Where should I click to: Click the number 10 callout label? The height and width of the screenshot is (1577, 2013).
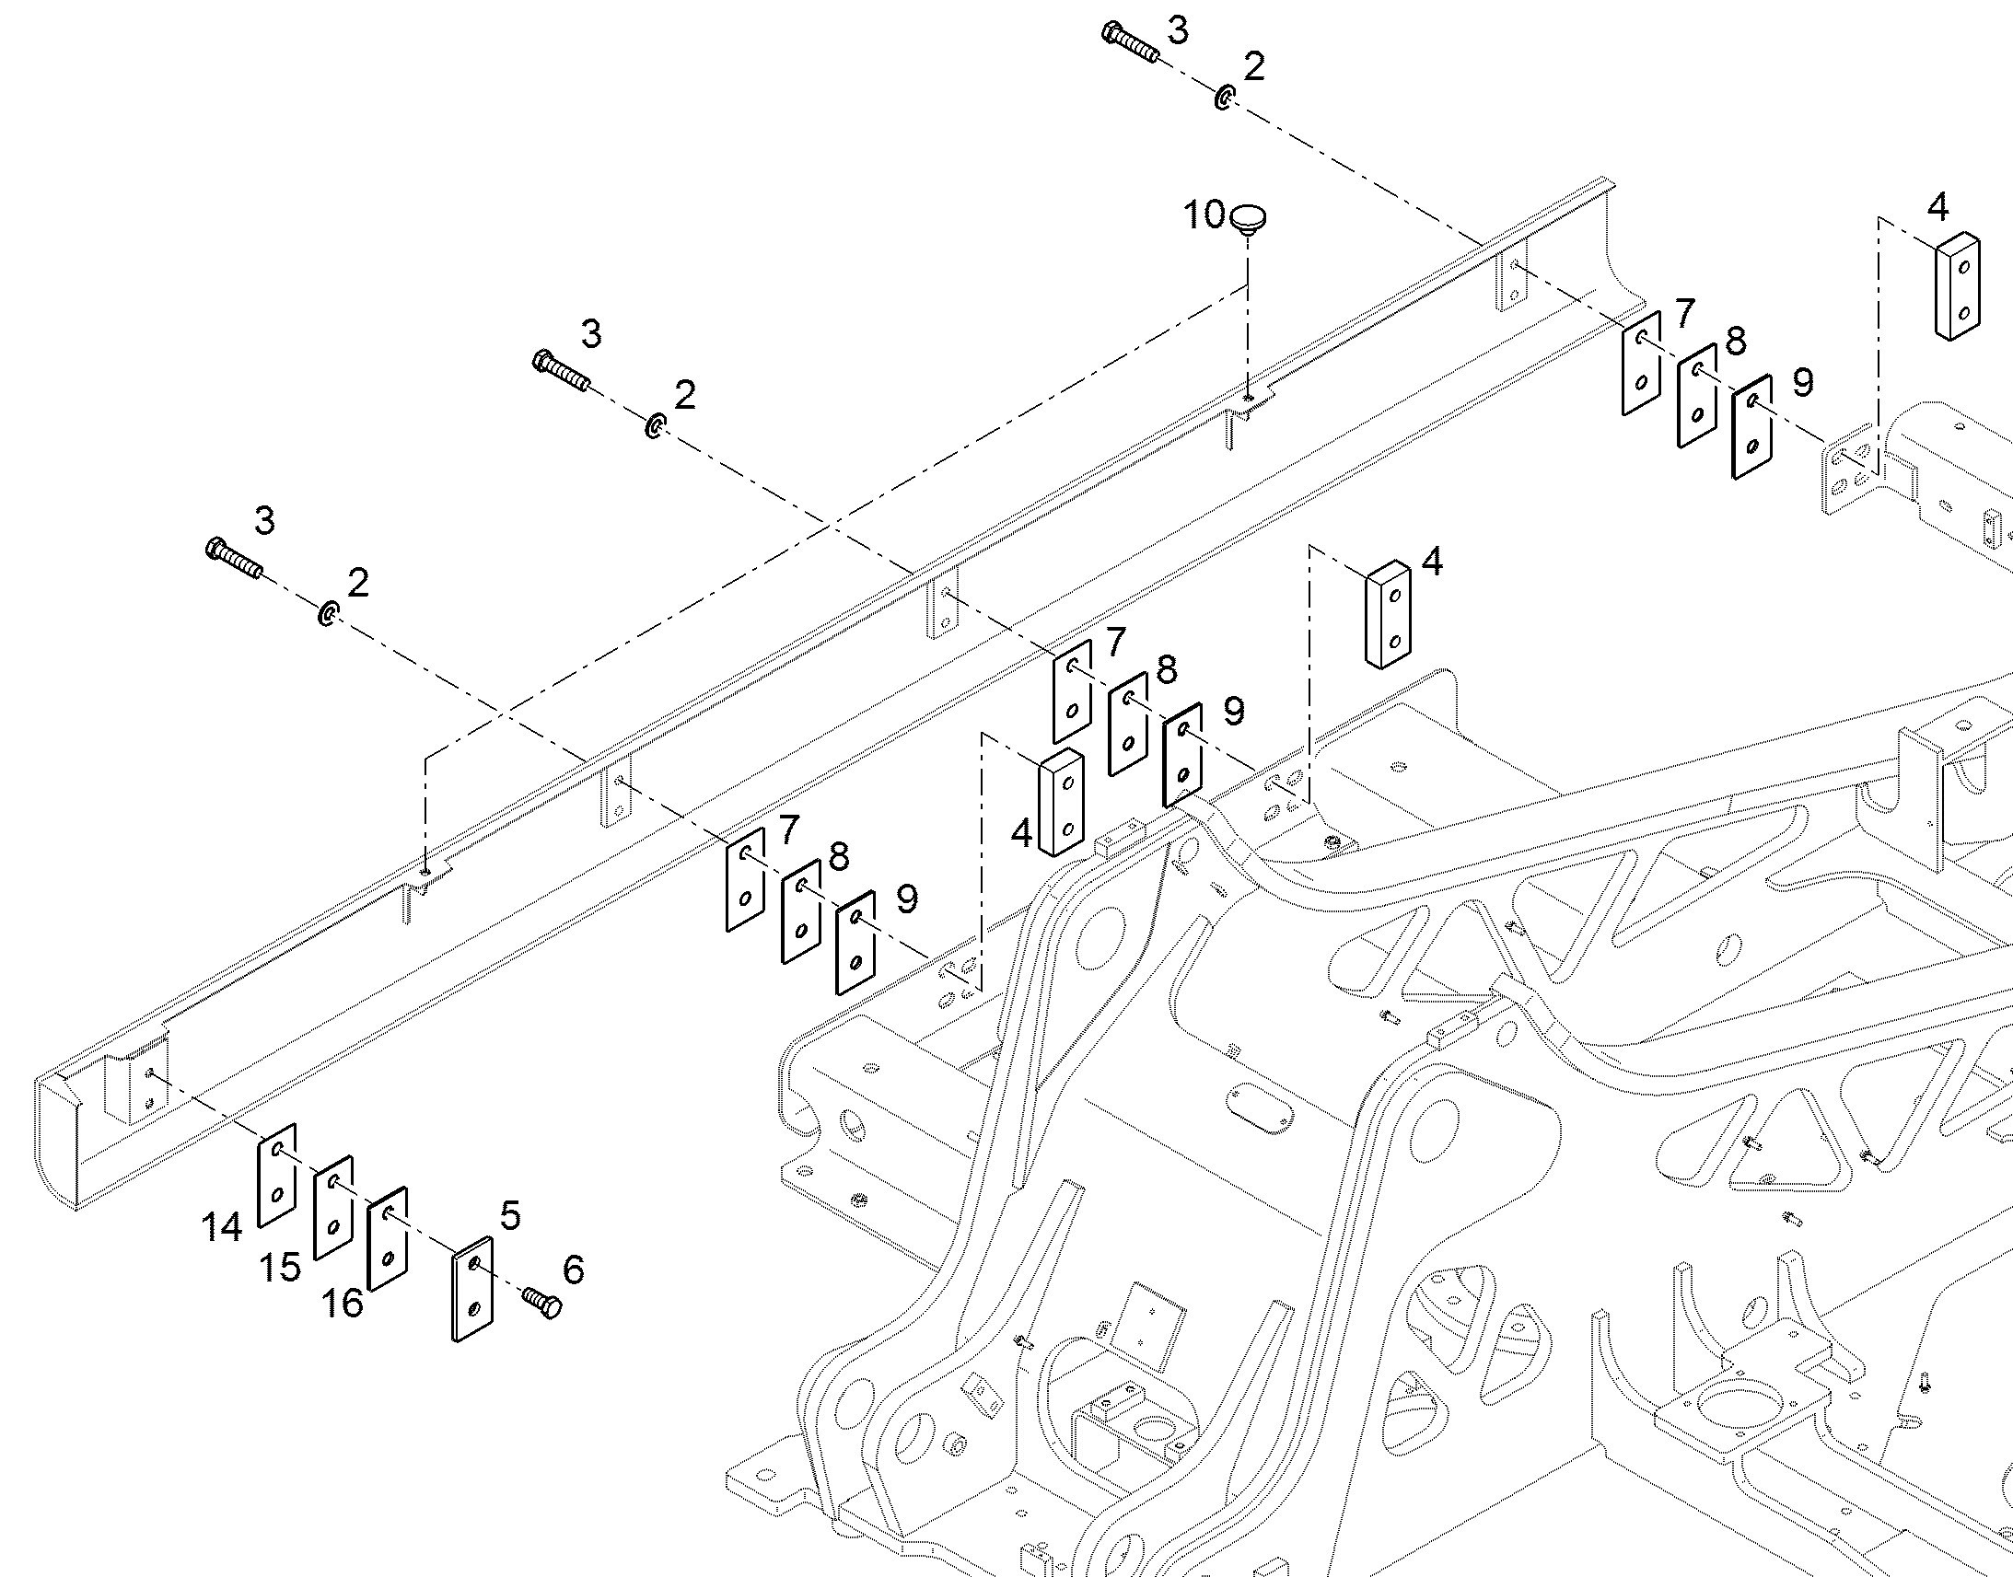coord(1204,215)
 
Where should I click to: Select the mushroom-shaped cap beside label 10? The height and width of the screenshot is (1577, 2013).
coord(1247,221)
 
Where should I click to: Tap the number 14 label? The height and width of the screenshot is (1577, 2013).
coord(222,1227)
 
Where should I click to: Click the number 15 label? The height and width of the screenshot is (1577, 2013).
coord(280,1268)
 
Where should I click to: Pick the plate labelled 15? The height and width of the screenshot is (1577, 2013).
coord(333,1208)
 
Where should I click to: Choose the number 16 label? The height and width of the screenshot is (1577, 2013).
coord(342,1304)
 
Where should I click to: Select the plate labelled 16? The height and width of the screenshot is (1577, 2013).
coord(388,1238)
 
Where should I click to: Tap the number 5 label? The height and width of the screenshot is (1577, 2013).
coord(511,1216)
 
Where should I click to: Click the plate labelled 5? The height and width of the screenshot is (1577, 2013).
coord(472,1289)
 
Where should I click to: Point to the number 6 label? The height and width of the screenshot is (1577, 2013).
coord(574,1270)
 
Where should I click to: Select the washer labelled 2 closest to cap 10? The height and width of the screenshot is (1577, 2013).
coord(1225,98)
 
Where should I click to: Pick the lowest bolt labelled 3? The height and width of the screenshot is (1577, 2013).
coord(234,558)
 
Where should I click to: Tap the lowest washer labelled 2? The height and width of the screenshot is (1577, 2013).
coord(328,613)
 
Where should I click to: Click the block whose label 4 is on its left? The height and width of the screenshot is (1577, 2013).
coord(1062,804)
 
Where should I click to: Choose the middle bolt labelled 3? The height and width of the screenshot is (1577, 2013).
coord(561,371)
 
